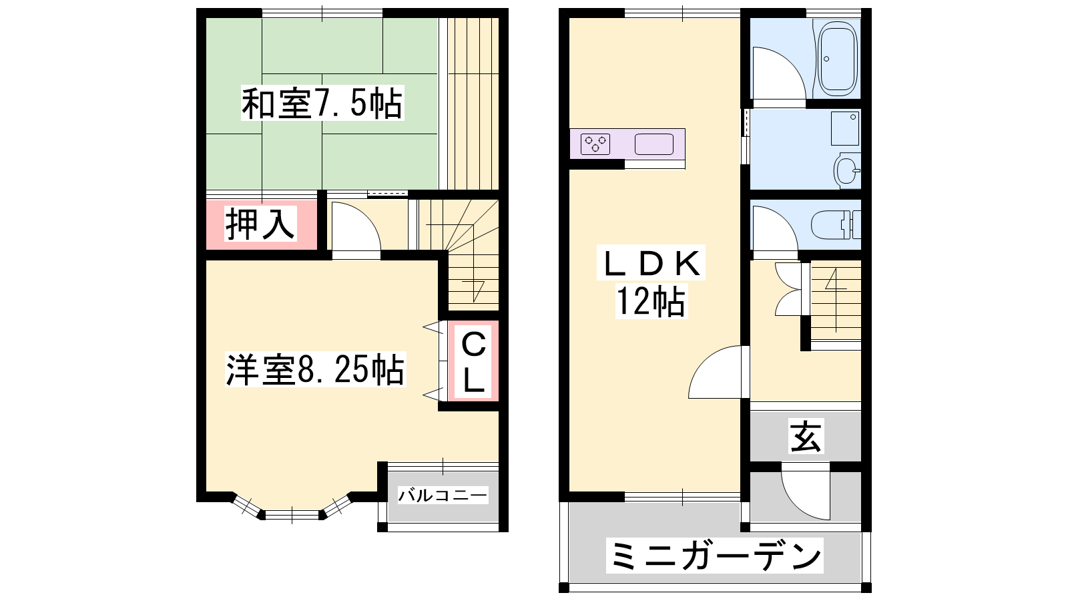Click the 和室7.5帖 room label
(322, 103)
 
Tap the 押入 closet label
(260, 223)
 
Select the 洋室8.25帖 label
(315, 369)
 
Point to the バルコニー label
(443, 495)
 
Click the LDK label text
(651, 263)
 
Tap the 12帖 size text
(651, 301)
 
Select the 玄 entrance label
(806, 436)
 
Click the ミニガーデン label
(715, 555)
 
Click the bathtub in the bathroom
(838, 59)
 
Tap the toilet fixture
(836, 224)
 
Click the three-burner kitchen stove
(595, 144)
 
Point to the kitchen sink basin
(653, 144)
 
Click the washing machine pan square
(845, 128)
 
